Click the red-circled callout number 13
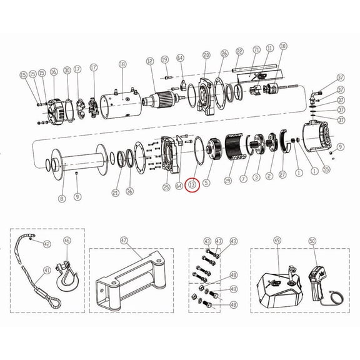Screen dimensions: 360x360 click(192, 184)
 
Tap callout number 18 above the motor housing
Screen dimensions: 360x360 click(122, 64)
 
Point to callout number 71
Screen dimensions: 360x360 click(256, 49)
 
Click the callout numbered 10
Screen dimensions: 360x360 click(283, 46)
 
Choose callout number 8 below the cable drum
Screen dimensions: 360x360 click(61, 199)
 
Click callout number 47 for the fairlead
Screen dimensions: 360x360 click(124, 240)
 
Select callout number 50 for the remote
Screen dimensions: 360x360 click(312, 240)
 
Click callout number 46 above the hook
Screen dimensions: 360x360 click(67, 240)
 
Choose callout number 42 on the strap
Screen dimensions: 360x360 click(46, 244)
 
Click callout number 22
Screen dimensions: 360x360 click(239, 51)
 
